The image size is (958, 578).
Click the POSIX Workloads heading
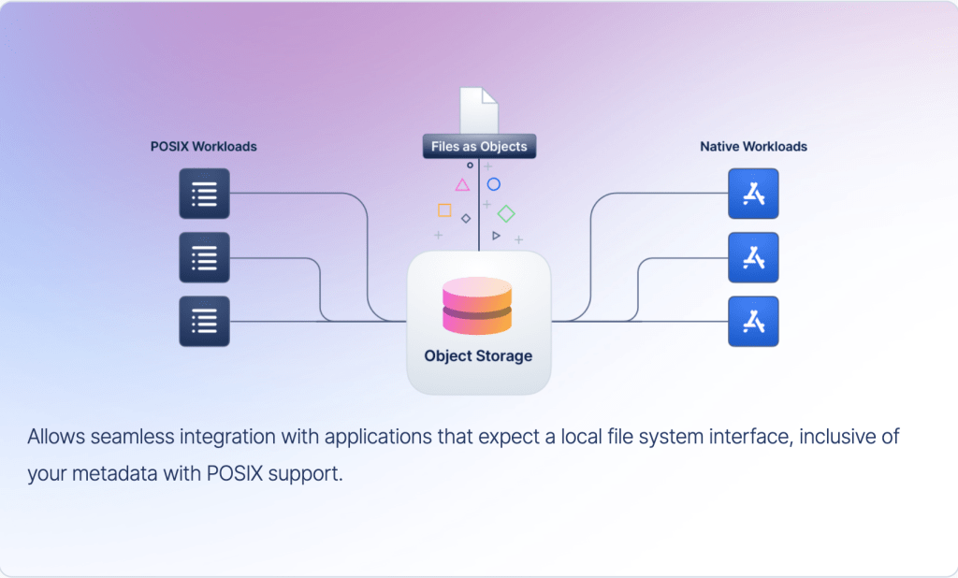(204, 147)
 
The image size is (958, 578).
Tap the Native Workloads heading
(753, 147)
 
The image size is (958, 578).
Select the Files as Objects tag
(479, 147)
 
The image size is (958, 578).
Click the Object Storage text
(478, 356)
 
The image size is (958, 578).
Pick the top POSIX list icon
(204, 194)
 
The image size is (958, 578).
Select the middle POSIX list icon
(204, 257)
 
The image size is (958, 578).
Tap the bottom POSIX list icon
(204, 322)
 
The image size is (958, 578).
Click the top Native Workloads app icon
(753, 194)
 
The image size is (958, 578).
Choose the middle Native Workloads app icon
(753, 257)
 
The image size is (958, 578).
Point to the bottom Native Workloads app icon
(753, 322)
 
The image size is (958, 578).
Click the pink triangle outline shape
(462, 184)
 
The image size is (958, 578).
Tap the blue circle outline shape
(494, 184)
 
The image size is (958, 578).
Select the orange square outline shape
(444, 210)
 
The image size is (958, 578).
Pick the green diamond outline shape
(506, 213)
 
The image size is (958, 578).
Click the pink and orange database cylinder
(478, 306)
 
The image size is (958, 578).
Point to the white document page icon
(479, 110)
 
